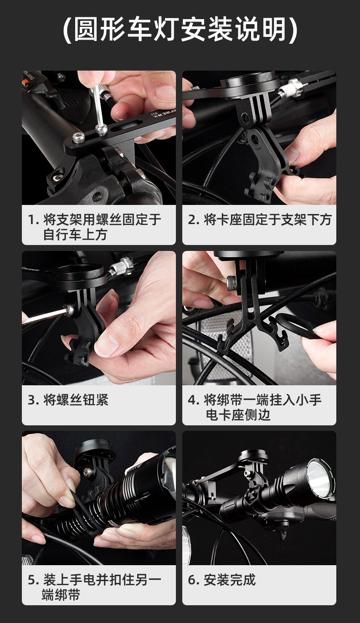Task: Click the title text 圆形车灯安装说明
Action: pyautogui.click(x=180, y=30)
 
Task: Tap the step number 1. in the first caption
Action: pyautogui.click(x=33, y=220)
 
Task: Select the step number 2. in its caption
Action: pyautogui.click(x=194, y=220)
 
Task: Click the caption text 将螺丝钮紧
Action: pyautogui.click(x=76, y=400)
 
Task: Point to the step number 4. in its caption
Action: pyautogui.click(x=194, y=400)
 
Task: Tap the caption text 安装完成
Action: pyautogui.click(x=230, y=580)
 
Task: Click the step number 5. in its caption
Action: pyautogui.click(x=33, y=580)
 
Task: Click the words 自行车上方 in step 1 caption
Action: pyautogui.click(x=75, y=235)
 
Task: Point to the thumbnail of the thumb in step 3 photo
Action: pyautogui.click(x=104, y=348)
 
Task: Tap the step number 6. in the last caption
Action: pyautogui.click(x=194, y=580)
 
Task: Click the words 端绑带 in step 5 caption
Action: pyautogui.click(x=61, y=595)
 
